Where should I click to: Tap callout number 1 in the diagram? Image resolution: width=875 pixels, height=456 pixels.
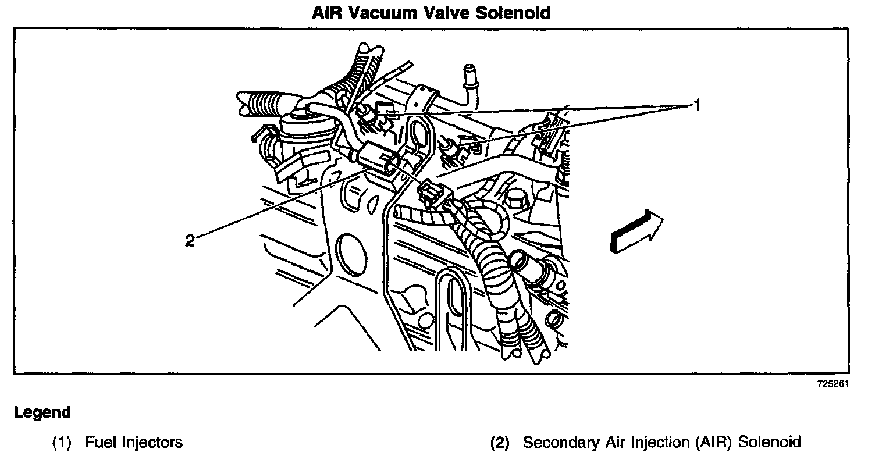[x=695, y=105]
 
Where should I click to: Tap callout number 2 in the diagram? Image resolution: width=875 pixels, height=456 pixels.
[x=190, y=240]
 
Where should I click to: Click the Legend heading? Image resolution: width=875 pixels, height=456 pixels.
[x=42, y=413]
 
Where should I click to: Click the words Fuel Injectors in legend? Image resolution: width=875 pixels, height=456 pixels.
[x=134, y=442]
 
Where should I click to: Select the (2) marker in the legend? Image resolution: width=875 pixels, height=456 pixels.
[x=500, y=442]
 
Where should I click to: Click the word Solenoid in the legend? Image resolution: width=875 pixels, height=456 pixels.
[x=770, y=442]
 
